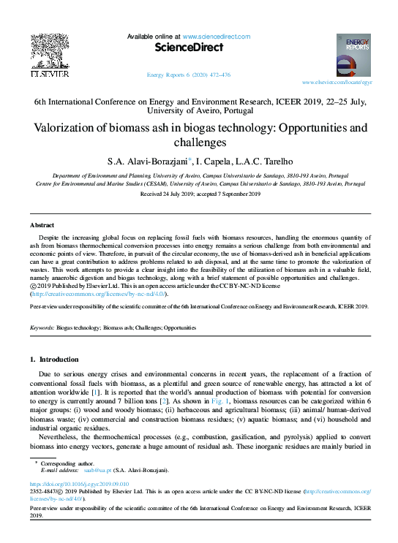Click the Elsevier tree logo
[48, 50]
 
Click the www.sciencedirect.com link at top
[216, 37]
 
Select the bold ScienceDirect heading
[188, 48]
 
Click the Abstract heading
[42, 225]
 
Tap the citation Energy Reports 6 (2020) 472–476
[189, 75]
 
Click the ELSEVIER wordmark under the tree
[48, 74]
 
